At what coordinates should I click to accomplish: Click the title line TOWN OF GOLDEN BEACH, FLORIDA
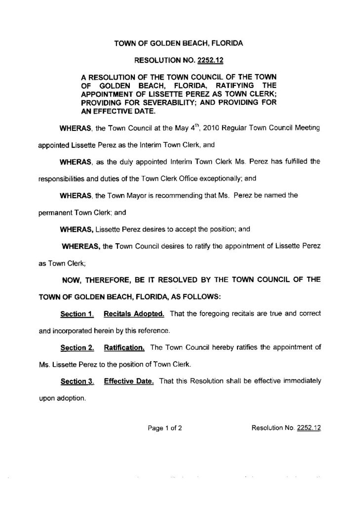click(x=179, y=43)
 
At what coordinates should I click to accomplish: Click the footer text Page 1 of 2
click(x=165, y=428)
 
